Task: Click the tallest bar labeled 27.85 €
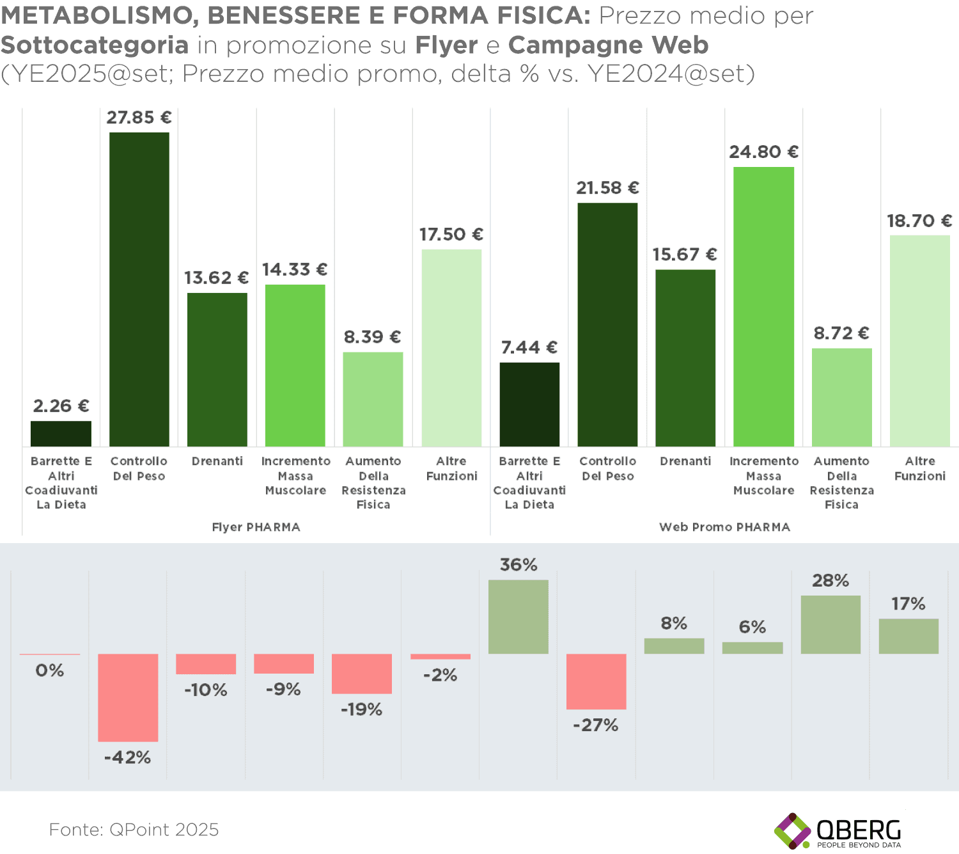(x=139, y=289)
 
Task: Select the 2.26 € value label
(x=61, y=406)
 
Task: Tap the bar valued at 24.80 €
(x=763, y=306)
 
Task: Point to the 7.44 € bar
(x=529, y=404)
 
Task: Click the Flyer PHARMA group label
(x=256, y=527)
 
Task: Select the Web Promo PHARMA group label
(x=724, y=527)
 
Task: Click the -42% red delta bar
(x=128, y=697)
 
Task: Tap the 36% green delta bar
(x=518, y=617)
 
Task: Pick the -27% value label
(x=595, y=725)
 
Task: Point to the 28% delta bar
(x=830, y=624)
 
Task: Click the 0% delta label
(x=49, y=670)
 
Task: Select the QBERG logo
(x=838, y=831)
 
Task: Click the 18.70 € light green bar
(x=919, y=340)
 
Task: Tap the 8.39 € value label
(x=372, y=337)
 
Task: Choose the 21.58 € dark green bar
(x=607, y=324)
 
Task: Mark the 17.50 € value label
(x=451, y=235)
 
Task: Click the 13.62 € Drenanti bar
(x=217, y=369)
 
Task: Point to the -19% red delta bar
(x=361, y=674)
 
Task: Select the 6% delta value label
(x=752, y=627)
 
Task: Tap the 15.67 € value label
(x=684, y=255)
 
